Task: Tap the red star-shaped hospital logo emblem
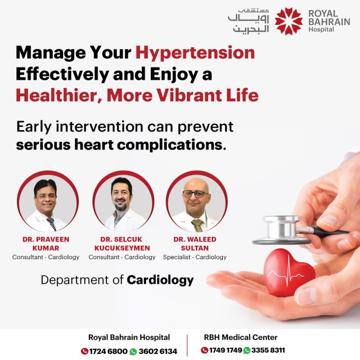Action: pos(288,21)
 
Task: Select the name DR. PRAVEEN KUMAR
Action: pos(46,243)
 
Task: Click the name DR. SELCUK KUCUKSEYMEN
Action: pos(122,243)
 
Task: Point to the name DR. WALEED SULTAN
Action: pos(195,243)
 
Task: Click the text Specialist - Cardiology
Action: pos(195,257)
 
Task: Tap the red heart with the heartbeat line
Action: pos(289,273)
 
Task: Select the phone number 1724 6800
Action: pos(108,351)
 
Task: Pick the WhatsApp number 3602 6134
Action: pos(158,351)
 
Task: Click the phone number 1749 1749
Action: pos(225,351)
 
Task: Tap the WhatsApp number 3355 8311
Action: pos(268,351)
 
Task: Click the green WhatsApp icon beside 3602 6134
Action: pos(133,351)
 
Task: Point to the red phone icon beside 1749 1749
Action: pos(204,351)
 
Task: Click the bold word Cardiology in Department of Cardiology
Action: pos(160,280)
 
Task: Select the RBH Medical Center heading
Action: pos(241,337)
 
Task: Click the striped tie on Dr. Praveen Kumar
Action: pos(51,224)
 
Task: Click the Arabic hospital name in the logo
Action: pos(248,21)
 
